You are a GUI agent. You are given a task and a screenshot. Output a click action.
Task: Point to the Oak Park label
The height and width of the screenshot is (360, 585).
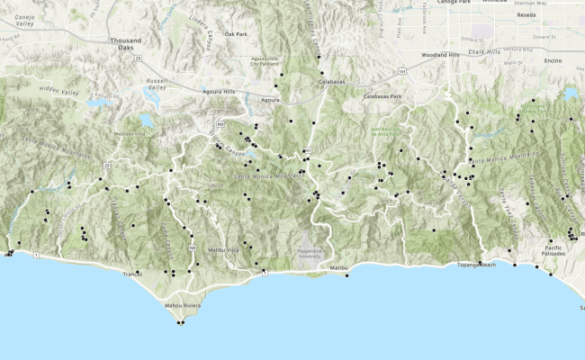click(x=236, y=34)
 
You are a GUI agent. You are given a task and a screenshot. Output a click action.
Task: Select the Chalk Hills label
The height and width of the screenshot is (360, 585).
click(x=481, y=52)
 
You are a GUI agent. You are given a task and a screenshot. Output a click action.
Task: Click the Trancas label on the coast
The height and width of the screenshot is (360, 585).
click(x=132, y=273)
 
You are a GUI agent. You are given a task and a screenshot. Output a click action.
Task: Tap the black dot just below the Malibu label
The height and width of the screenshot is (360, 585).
click(x=346, y=275)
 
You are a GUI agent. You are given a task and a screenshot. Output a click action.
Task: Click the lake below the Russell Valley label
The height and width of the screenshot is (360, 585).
click(x=147, y=120)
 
